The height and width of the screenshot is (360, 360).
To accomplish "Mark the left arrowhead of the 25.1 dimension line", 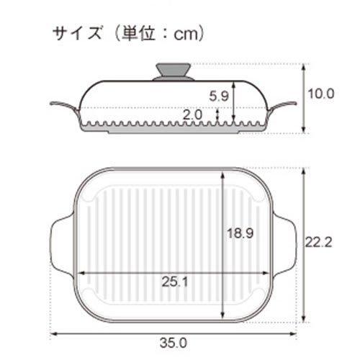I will point(79,273).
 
